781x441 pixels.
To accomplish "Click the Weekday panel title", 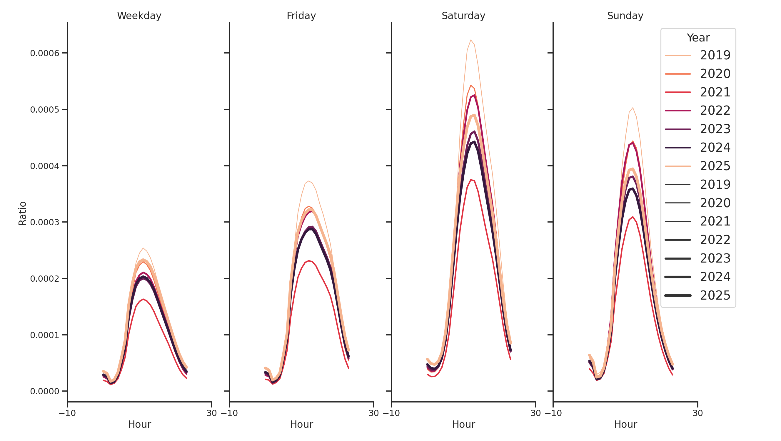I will (139, 16).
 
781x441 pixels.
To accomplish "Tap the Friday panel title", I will (301, 16).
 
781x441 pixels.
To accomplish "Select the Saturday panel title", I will (463, 16).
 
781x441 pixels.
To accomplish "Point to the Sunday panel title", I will (625, 16).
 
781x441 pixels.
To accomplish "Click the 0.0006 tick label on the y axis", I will (45, 53).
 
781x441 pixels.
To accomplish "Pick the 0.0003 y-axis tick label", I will (45, 222).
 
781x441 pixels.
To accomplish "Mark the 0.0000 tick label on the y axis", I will (45, 391).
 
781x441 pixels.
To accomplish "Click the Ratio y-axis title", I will (22, 213).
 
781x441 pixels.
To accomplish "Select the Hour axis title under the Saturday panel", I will (463, 424).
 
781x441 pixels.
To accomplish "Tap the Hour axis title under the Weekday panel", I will (139, 424).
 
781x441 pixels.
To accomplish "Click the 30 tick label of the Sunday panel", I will (697, 413).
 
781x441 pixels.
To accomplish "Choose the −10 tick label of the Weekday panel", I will (67, 413).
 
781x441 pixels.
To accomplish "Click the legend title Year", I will (698, 38).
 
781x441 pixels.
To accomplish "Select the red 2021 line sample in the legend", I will (677, 92).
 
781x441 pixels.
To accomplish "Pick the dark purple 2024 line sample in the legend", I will (677, 148).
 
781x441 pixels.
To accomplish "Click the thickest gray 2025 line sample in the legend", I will (677, 295).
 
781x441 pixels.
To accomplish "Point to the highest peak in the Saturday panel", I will (470, 40).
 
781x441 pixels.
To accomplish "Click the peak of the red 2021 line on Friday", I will (309, 261).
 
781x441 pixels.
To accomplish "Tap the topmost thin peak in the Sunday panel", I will (633, 108).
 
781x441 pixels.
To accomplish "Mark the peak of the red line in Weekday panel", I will (143, 299).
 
